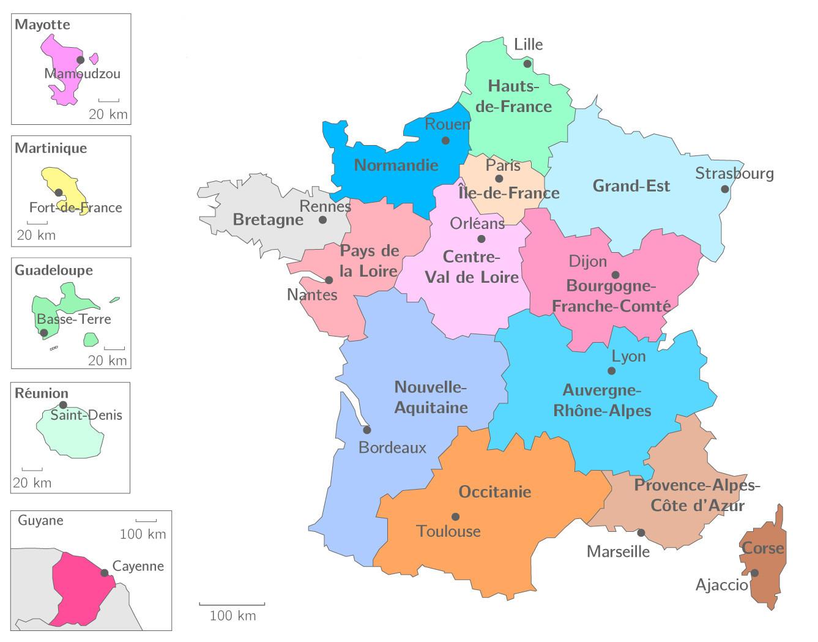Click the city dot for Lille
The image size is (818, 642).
[x=527, y=64]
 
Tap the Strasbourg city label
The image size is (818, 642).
[x=734, y=174]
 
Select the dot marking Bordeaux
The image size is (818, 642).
[x=366, y=430]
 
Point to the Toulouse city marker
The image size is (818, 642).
[x=455, y=517]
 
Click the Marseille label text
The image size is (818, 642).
[x=618, y=551]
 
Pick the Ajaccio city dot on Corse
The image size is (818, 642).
[x=755, y=573]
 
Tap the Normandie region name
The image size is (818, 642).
[x=396, y=165]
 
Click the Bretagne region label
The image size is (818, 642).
[x=268, y=220]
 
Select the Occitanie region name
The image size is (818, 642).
[x=494, y=492]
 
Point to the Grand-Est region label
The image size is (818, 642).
[x=631, y=186]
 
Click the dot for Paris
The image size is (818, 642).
[x=499, y=179]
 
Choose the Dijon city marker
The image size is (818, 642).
[x=615, y=275]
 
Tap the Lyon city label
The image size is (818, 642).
[x=628, y=356]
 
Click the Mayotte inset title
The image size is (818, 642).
[x=42, y=25]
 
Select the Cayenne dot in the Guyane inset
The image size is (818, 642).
[x=105, y=573]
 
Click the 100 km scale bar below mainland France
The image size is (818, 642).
[x=232, y=605]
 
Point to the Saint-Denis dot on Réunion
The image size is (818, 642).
[x=63, y=405]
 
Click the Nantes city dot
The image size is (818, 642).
[x=329, y=280]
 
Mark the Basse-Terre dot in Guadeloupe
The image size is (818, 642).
[x=43, y=333]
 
